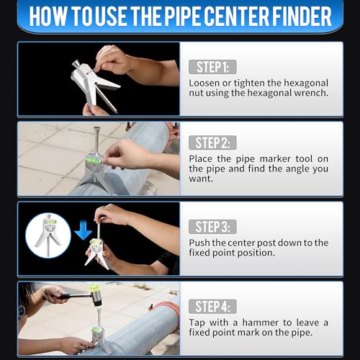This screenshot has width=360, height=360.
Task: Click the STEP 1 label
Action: (212, 67)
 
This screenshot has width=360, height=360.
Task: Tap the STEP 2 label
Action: (212, 143)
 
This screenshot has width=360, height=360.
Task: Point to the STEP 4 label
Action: (212, 305)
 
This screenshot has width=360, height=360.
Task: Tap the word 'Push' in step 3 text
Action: (201, 243)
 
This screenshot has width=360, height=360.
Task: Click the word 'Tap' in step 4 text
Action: (198, 322)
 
